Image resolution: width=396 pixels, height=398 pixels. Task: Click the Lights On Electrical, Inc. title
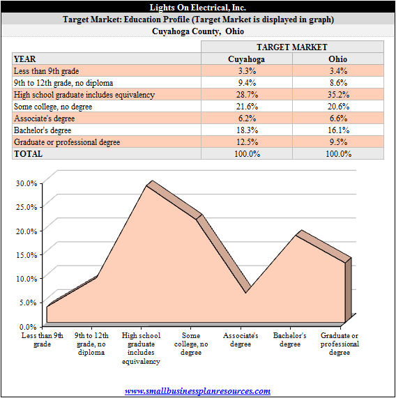click(x=198, y=8)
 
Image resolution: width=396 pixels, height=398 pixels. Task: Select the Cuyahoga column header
click(x=246, y=59)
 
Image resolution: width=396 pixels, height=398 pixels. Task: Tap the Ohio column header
click(x=337, y=59)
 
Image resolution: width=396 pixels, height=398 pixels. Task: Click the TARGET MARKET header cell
click(x=292, y=47)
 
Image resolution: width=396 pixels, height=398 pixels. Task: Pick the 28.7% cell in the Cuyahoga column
click(x=247, y=95)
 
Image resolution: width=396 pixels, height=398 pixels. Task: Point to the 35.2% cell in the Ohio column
click(x=338, y=95)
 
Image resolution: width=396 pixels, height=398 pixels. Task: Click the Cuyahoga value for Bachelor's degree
click(x=247, y=130)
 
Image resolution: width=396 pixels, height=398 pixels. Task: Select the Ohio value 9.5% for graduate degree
click(x=338, y=142)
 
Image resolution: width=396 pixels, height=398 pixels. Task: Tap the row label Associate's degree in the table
click(x=44, y=118)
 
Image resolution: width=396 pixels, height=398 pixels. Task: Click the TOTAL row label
click(x=28, y=154)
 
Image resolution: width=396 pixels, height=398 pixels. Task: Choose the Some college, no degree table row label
click(x=53, y=107)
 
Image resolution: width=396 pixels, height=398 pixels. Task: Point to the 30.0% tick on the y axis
click(x=26, y=183)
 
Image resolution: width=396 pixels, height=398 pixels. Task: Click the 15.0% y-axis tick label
click(x=26, y=254)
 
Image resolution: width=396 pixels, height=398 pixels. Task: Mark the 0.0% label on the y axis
click(x=28, y=327)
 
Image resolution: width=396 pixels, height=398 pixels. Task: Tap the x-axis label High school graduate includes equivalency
click(x=141, y=349)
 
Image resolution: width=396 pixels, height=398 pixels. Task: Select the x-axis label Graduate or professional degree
click(x=340, y=344)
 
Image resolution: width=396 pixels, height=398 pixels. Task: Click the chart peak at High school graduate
click(x=146, y=186)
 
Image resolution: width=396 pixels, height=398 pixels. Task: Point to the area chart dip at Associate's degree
click(x=245, y=293)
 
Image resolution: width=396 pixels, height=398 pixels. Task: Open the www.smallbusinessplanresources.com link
click(x=197, y=390)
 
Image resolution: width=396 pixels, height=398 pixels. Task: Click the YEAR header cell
click(x=24, y=59)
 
